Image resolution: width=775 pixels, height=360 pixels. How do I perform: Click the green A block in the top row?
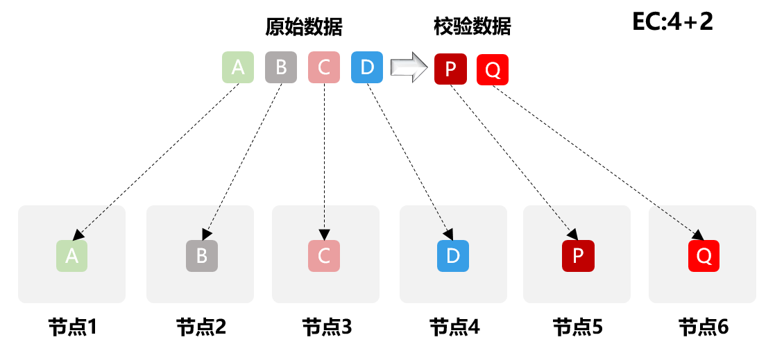(x=238, y=67)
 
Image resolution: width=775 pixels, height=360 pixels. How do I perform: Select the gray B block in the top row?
(x=281, y=67)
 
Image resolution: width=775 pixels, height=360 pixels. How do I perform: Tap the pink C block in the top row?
(x=324, y=67)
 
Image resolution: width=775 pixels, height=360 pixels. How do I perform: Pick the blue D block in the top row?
(x=367, y=67)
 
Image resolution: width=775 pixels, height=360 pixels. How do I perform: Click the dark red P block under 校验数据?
(x=450, y=69)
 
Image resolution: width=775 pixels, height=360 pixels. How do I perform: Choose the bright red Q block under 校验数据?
(x=493, y=69)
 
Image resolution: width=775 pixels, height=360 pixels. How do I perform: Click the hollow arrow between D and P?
(x=407, y=67)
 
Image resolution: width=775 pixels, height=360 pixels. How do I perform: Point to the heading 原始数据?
(x=304, y=26)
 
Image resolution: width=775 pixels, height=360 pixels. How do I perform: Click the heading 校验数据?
(x=472, y=26)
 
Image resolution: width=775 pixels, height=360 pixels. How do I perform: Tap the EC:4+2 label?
(x=672, y=22)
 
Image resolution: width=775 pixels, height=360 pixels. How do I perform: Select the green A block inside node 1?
(x=71, y=255)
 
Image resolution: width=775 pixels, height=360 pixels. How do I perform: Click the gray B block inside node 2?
(x=202, y=255)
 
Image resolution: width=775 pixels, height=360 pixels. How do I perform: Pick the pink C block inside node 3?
(x=324, y=255)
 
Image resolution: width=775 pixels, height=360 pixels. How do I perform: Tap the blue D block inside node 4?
(x=453, y=255)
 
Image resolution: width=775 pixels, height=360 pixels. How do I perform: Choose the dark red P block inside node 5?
(x=577, y=255)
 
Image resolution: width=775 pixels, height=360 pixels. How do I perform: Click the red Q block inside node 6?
(x=704, y=255)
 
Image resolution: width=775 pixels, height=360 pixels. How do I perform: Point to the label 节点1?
(x=71, y=326)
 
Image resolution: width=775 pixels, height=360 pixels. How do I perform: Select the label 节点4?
(x=454, y=326)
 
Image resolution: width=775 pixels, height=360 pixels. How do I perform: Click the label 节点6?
(x=704, y=326)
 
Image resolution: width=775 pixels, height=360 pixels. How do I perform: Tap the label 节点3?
(x=327, y=326)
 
